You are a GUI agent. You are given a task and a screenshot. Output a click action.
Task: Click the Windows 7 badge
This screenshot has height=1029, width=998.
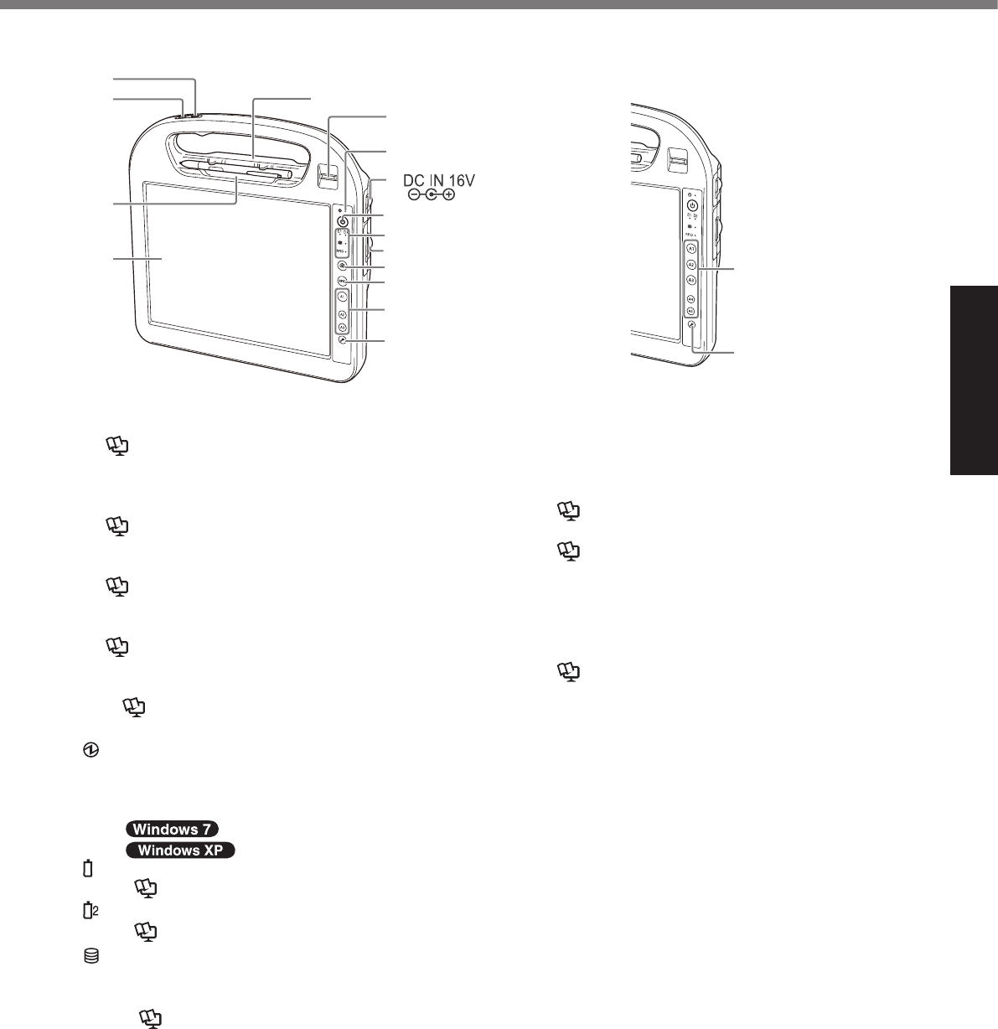(172, 829)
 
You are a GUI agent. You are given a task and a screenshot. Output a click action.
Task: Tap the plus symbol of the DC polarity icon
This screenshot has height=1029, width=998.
(449, 194)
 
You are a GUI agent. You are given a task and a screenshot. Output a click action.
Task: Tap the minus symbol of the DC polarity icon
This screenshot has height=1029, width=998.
(413, 194)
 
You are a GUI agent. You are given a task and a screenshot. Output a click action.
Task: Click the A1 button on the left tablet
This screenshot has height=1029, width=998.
(342, 297)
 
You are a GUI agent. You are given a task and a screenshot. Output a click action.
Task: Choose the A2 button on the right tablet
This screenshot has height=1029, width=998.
(691, 265)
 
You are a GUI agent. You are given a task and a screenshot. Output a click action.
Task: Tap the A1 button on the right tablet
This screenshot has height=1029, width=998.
(691, 250)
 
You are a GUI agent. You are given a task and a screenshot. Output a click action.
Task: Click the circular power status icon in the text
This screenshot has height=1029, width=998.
(88, 754)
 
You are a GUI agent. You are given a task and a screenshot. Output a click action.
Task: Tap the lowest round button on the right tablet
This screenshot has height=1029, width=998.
(692, 324)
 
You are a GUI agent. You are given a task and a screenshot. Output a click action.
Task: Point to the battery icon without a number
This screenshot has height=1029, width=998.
(87, 868)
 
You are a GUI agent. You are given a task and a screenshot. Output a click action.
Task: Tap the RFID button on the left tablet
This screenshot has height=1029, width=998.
(343, 282)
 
